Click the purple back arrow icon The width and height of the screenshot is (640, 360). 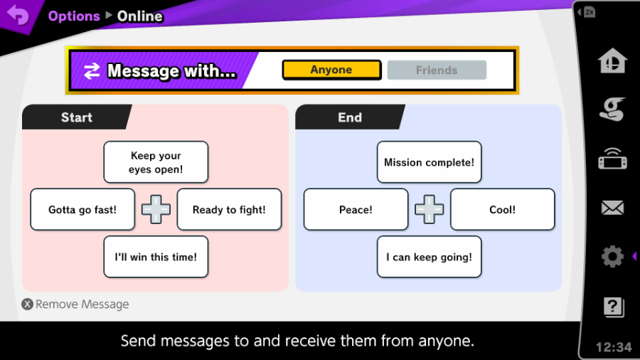(x=18, y=15)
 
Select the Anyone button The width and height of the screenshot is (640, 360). (x=331, y=70)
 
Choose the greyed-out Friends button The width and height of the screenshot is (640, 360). (x=437, y=70)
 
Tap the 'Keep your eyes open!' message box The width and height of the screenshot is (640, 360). (x=156, y=162)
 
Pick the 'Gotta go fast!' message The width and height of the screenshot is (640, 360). (x=82, y=209)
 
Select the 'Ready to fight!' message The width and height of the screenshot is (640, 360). (x=229, y=209)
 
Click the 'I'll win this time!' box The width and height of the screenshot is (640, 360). (x=156, y=257)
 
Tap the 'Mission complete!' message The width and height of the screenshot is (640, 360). (x=429, y=162)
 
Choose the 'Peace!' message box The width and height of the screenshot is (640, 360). (x=356, y=209)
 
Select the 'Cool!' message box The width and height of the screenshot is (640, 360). (x=503, y=209)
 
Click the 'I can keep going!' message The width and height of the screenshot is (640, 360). (x=429, y=257)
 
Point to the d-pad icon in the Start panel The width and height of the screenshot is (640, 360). (x=156, y=209)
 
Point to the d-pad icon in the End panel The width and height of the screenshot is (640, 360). (x=429, y=209)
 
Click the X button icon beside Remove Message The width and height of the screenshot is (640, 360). (x=27, y=304)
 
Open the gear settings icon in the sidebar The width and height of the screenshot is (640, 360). (x=612, y=256)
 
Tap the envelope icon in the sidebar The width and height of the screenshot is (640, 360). (x=612, y=208)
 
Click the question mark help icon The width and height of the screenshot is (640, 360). (x=614, y=307)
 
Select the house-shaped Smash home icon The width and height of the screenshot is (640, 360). (x=612, y=60)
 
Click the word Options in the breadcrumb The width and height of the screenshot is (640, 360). (x=74, y=16)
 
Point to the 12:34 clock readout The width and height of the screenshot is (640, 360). (x=614, y=347)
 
